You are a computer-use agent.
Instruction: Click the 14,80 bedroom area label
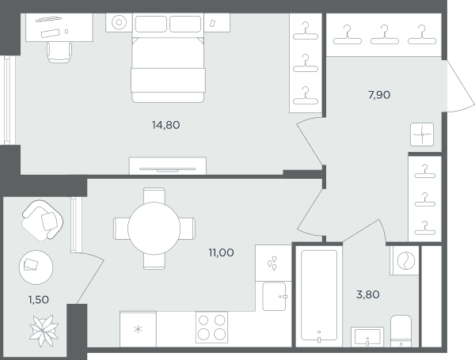coord(165,125)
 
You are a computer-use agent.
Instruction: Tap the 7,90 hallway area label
coord(379,95)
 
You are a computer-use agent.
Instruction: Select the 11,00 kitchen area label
coord(221,252)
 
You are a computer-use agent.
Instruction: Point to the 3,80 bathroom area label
coord(368,294)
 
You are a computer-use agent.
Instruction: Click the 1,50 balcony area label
coord(39,300)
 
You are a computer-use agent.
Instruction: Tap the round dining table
coord(154,229)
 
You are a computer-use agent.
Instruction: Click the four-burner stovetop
coord(211,328)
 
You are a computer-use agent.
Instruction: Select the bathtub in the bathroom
coord(319,295)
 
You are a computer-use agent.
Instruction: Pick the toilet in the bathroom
coord(401,331)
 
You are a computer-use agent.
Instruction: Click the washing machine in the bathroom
coord(405,260)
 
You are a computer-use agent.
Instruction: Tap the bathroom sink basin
coord(367,337)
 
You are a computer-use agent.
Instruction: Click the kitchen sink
coord(274,297)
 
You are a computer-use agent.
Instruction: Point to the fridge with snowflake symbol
coord(138,329)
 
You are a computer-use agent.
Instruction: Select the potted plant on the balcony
coord(44,331)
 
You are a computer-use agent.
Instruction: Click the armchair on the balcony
coord(43,220)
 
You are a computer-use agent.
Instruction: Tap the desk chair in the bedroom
coord(59,51)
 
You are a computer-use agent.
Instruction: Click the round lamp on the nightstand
coord(119,22)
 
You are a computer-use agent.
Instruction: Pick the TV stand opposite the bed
coord(168,165)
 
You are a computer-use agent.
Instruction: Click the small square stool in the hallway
coord(422,135)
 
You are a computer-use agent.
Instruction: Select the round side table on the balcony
coord(36,267)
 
